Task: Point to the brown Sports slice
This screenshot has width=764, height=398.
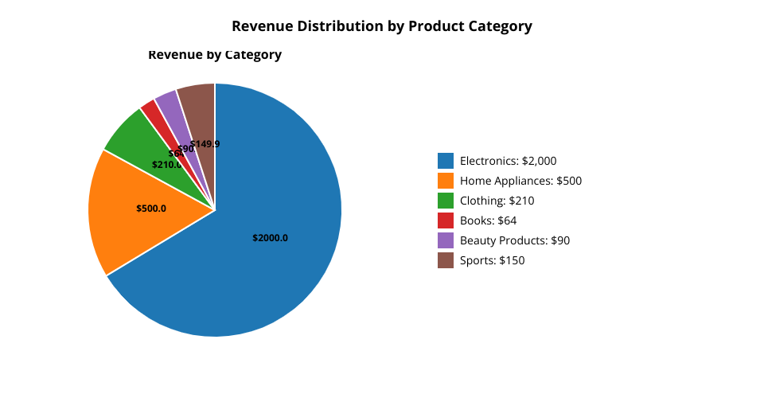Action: point(198,103)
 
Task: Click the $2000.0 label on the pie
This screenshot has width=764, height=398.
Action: point(270,238)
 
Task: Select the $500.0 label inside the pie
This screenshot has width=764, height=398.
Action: point(151,209)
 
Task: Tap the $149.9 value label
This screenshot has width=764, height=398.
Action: point(205,144)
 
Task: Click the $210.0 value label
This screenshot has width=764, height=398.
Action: point(166,165)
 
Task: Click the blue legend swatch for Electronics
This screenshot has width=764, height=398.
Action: point(446,161)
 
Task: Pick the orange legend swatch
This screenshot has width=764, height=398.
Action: point(446,181)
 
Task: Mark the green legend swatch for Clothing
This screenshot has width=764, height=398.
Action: point(446,201)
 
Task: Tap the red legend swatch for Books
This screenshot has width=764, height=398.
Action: point(446,220)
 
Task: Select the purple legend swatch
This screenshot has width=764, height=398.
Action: point(446,240)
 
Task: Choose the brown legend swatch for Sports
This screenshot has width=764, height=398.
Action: point(446,260)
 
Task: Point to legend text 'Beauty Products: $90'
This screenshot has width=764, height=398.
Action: point(515,240)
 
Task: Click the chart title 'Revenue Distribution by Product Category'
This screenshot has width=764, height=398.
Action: point(382,26)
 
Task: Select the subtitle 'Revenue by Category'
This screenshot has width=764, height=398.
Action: point(215,55)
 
